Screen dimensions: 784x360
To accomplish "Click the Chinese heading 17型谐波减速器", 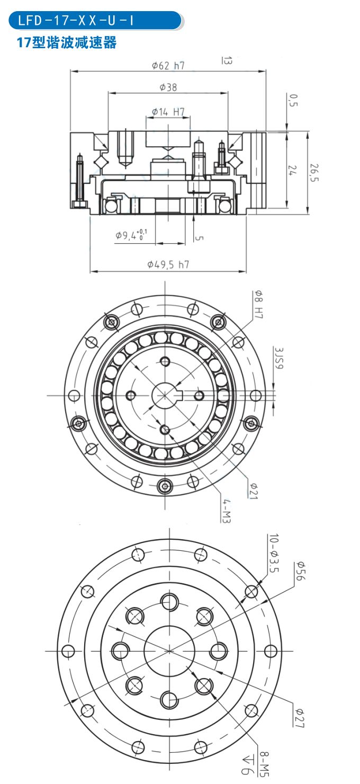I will tap(67, 43).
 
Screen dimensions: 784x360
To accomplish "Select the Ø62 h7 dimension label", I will tap(168, 66).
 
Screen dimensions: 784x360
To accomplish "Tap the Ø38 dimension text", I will tap(168, 87).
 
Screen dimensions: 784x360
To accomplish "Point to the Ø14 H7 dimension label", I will tap(168, 112).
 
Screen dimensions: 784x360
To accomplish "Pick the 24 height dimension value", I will tap(293, 170).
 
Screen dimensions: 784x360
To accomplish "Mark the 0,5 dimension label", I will tap(293, 100).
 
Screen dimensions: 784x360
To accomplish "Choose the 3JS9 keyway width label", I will tap(279, 360).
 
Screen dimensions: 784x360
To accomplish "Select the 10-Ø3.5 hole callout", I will tap(273, 554).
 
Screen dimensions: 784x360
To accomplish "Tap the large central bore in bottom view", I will tap(168, 649).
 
